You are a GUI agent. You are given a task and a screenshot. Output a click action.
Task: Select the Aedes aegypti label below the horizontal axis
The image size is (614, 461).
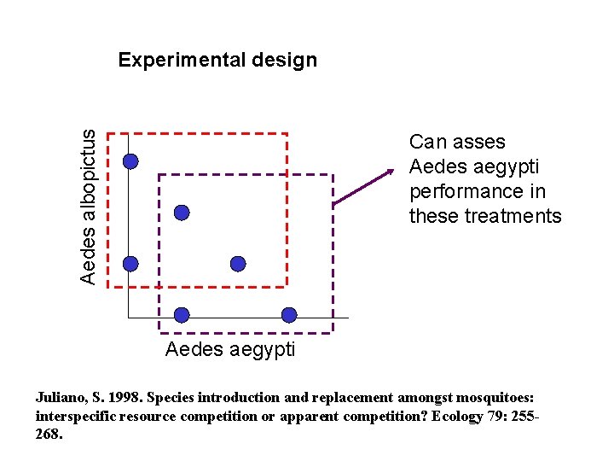(230, 349)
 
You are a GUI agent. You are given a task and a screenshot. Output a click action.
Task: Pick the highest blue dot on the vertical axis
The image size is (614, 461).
(130, 161)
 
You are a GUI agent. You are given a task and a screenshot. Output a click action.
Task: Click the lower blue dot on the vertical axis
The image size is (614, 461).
(130, 264)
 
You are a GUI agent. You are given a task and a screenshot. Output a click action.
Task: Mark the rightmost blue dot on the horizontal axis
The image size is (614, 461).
(289, 315)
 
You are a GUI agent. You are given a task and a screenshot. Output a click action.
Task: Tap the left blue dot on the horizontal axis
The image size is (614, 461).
(182, 315)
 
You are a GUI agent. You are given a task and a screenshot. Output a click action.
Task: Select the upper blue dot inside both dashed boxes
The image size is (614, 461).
(182, 213)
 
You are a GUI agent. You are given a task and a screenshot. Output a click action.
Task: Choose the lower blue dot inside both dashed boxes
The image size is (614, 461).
(238, 264)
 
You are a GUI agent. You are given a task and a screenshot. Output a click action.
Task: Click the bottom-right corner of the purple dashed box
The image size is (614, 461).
(333, 332)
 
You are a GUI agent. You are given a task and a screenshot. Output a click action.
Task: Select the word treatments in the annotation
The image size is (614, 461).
(513, 216)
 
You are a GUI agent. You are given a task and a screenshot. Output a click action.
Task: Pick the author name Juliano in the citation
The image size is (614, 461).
(61, 397)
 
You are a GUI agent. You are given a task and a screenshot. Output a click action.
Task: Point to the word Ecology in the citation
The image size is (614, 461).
(463, 416)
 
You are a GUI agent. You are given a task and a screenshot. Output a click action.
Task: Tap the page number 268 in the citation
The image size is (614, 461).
(49, 434)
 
